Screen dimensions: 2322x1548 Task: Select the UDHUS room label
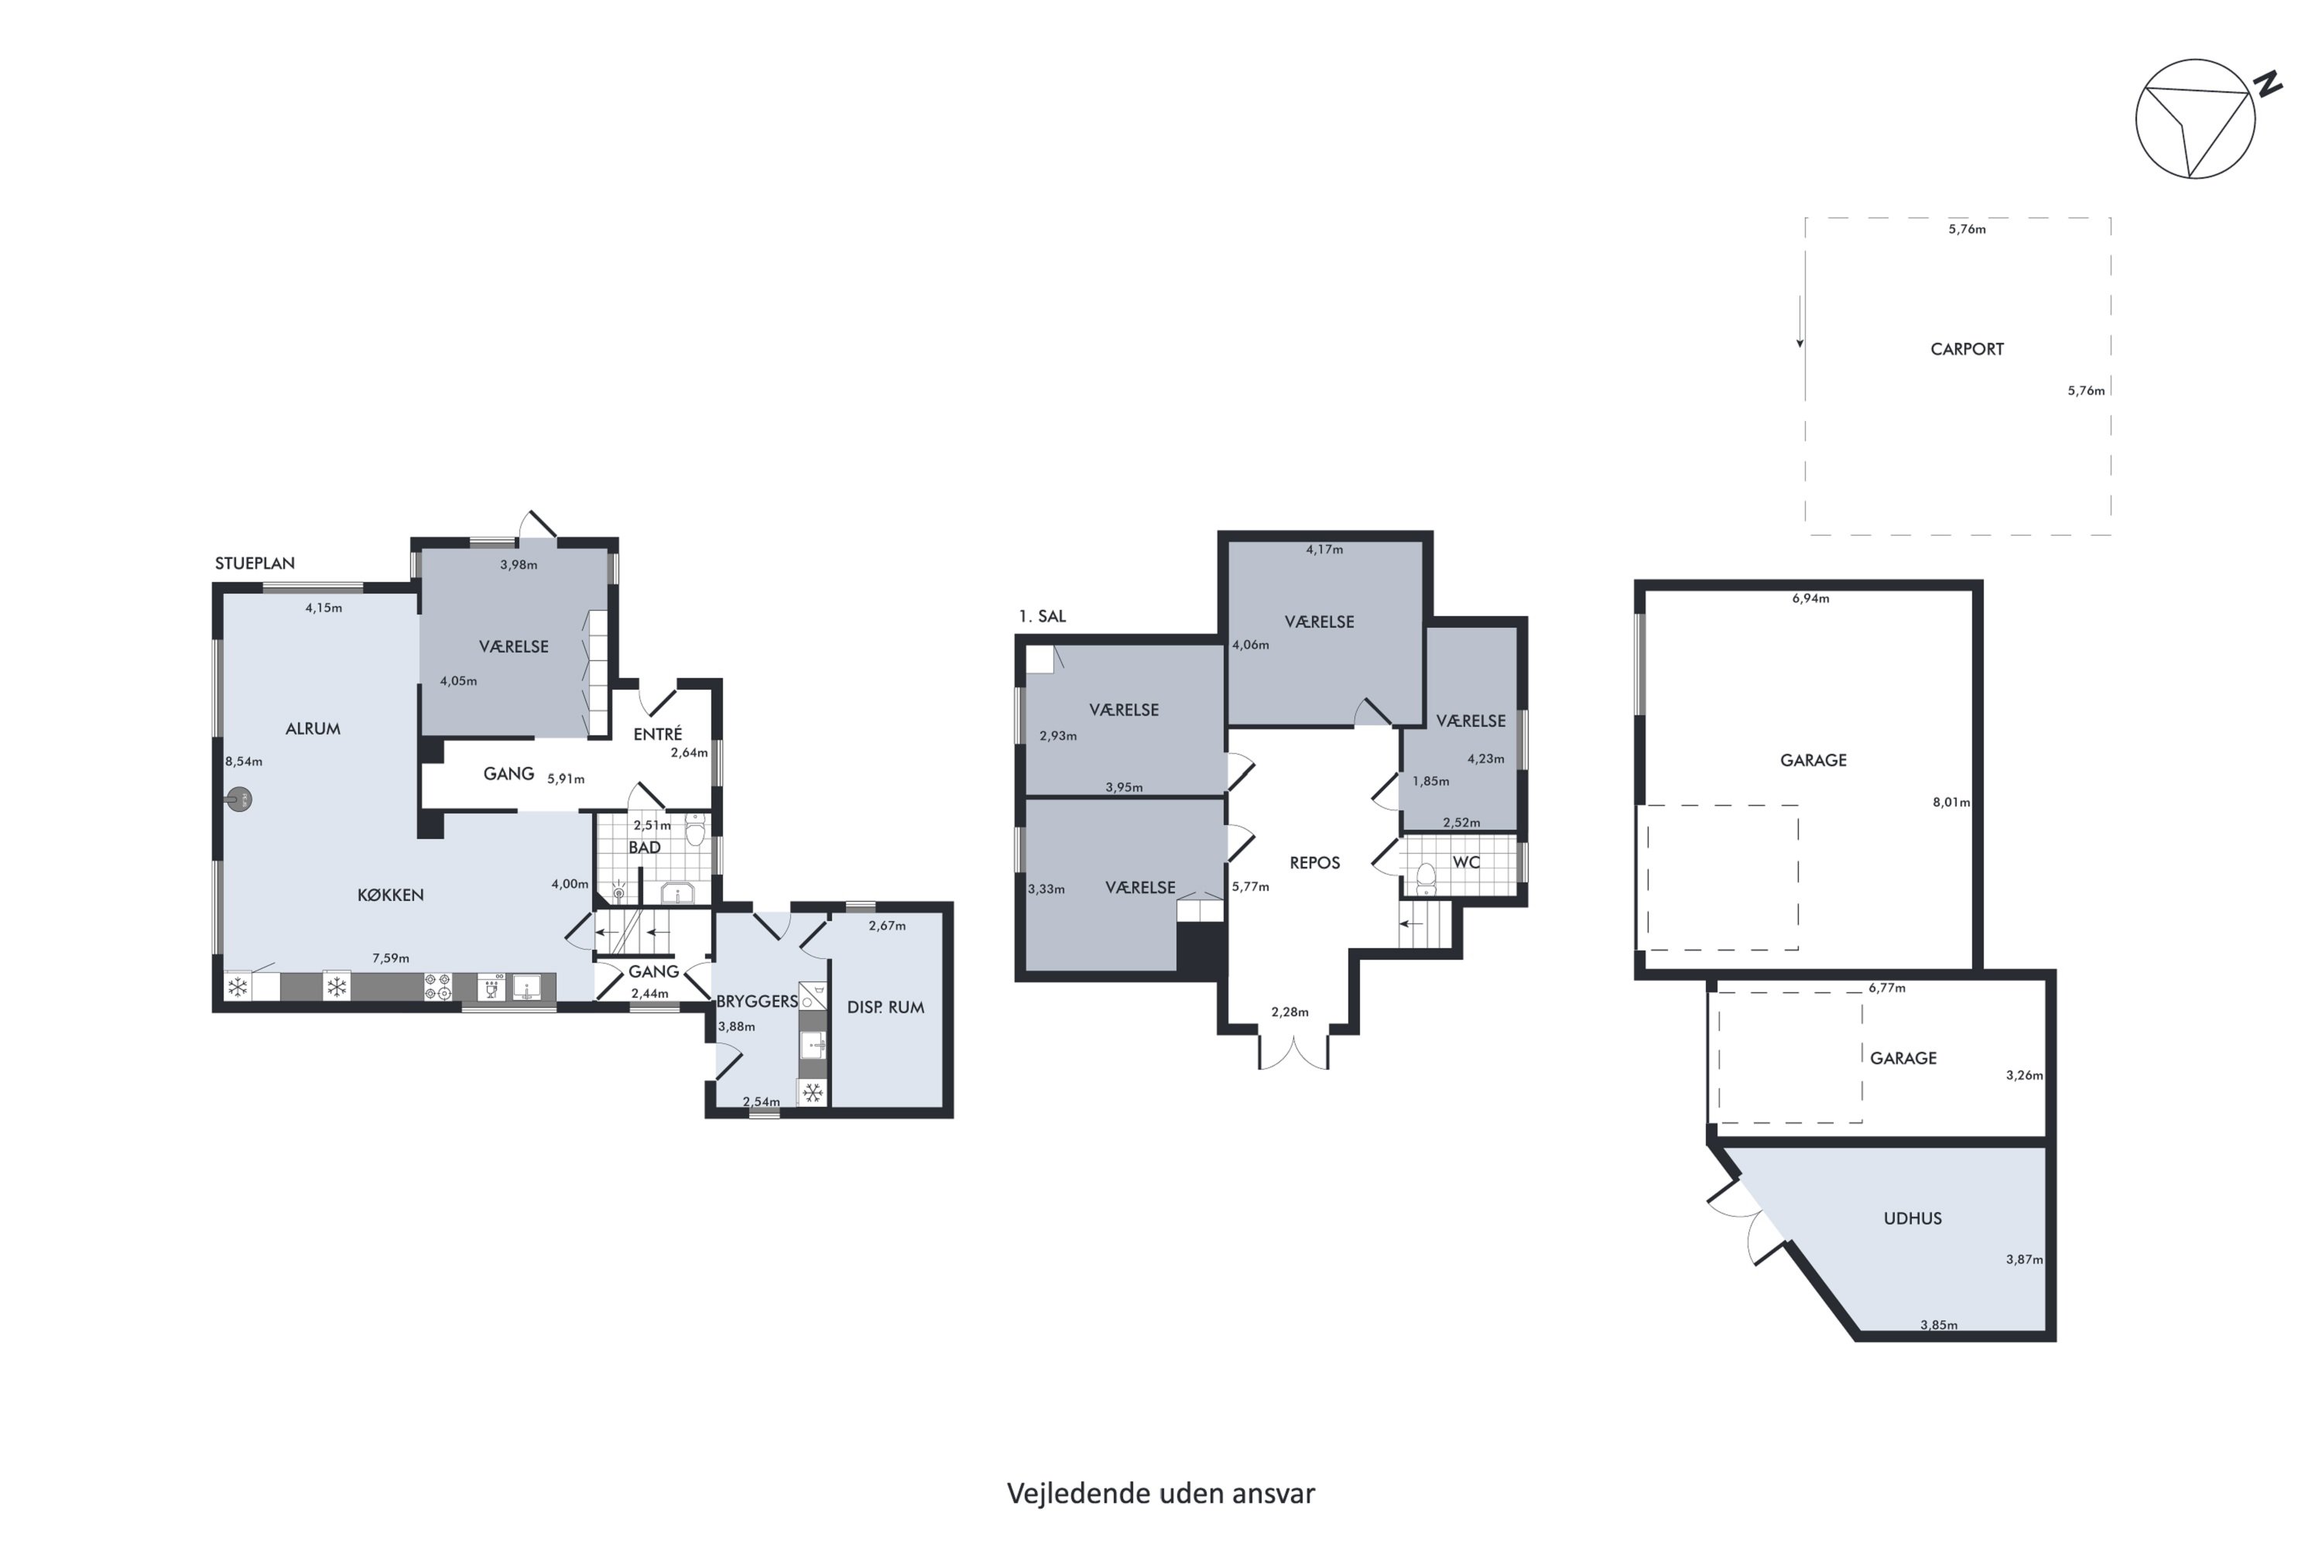pyautogui.click(x=1913, y=1218)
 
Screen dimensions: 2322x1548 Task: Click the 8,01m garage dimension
pyautogui.click(x=1950, y=803)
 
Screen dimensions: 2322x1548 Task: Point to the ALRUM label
pyautogui.click(x=313, y=728)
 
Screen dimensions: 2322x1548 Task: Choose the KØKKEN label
pyautogui.click(x=390, y=895)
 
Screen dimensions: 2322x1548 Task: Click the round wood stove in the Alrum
pyautogui.click(x=239, y=800)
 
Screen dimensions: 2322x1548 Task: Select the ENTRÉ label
pyautogui.click(x=657, y=734)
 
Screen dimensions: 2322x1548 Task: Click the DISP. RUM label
pyautogui.click(x=885, y=1007)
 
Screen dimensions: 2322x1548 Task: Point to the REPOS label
pyautogui.click(x=1315, y=863)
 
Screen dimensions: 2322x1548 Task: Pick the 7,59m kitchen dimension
pyautogui.click(x=390, y=957)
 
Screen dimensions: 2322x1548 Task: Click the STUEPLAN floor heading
pyautogui.click(x=255, y=563)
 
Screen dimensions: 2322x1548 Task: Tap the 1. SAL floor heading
pyautogui.click(x=1043, y=616)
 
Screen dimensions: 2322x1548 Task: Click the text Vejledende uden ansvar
pyautogui.click(x=1161, y=1494)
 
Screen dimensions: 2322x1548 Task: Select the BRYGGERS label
pyautogui.click(x=757, y=1001)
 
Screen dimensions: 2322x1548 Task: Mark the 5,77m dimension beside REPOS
pyautogui.click(x=1250, y=886)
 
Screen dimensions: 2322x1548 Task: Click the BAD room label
pyautogui.click(x=645, y=847)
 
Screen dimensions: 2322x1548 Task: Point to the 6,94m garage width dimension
pyautogui.click(x=1810, y=598)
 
